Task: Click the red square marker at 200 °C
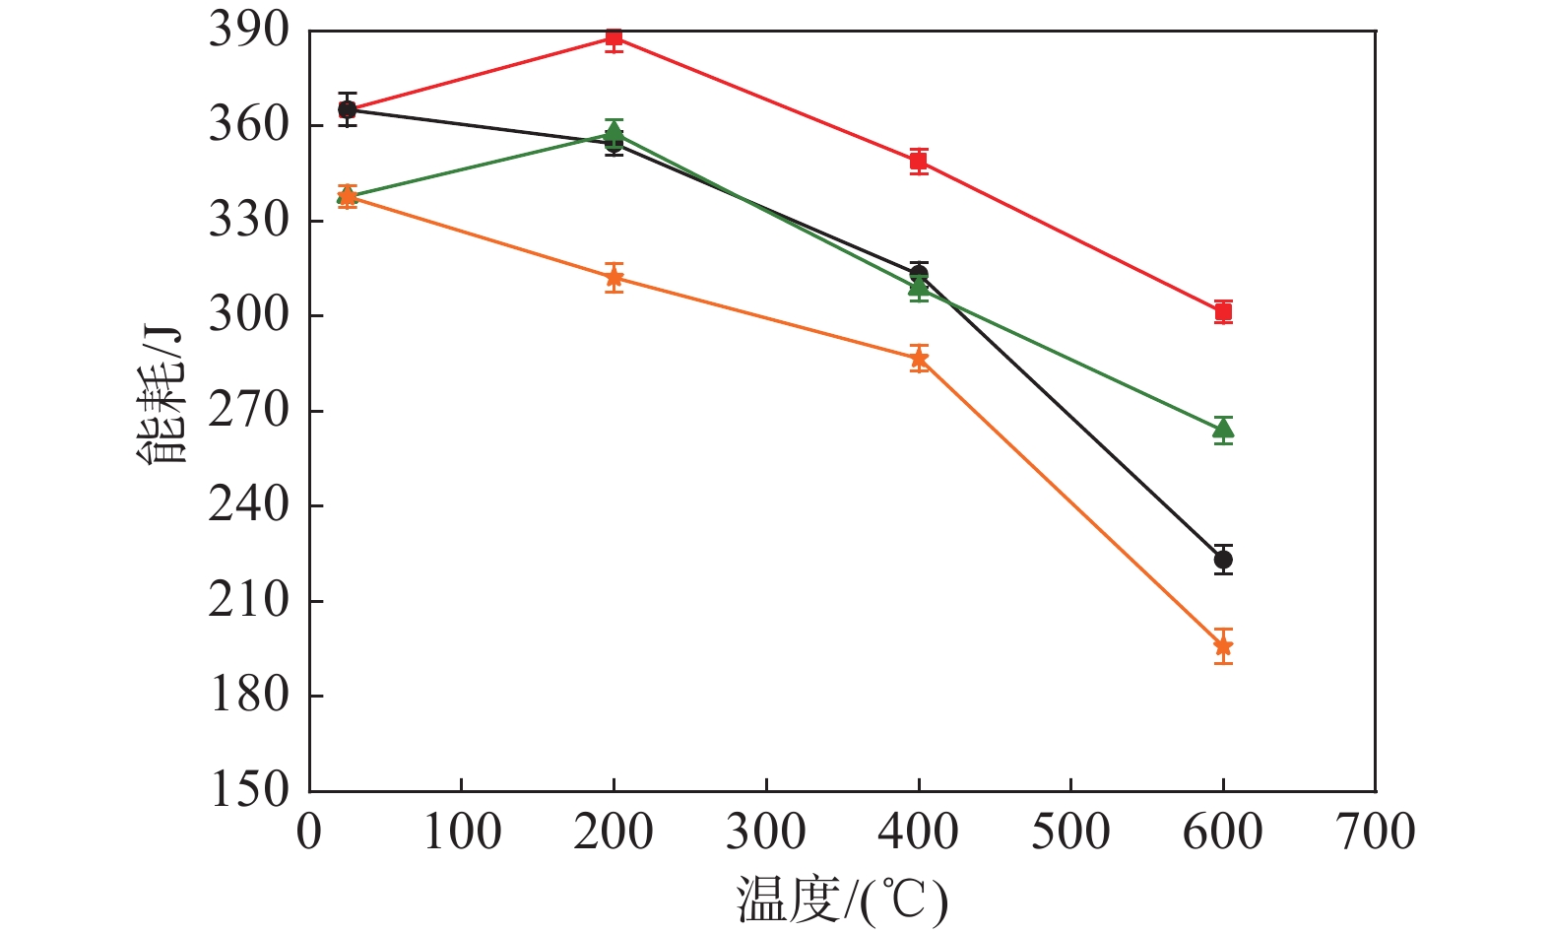click(x=614, y=38)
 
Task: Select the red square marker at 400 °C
click(x=919, y=161)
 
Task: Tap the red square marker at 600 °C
click(x=1223, y=312)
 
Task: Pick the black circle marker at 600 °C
click(x=1223, y=560)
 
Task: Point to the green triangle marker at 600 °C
click(x=1223, y=429)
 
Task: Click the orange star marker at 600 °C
click(x=1223, y=646)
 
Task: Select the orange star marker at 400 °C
click(x=919, y=359)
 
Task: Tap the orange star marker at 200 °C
click(x=614, y=278)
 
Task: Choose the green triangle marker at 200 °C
click(x=614, y=132)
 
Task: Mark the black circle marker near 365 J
click(x=347, y=109)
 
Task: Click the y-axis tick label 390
click(x=249, y=31)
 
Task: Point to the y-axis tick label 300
click(x=249, y=315)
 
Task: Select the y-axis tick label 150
click(x=249, y=790)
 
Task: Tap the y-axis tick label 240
click(x=249, y=505)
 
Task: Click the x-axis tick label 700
click(x=1375, y=832)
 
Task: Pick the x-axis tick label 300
click(x=766, y=832)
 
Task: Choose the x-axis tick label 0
click(x=309, y=832)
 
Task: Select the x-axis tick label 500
click(x=1070, y=832)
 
